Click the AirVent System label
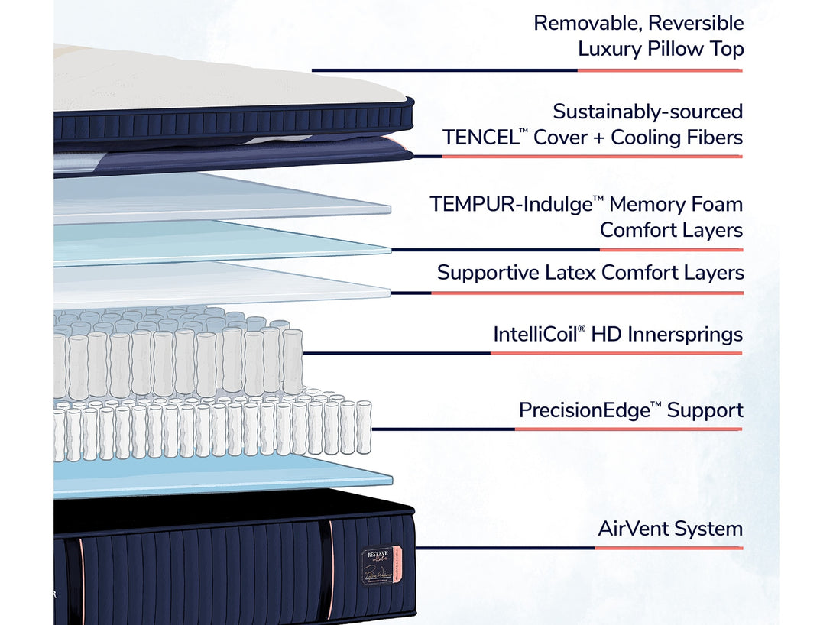[669, 529]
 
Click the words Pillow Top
[695, 50]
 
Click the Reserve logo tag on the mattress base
[378, 565]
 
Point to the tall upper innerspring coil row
[176, 359]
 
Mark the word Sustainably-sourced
[647, 112]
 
